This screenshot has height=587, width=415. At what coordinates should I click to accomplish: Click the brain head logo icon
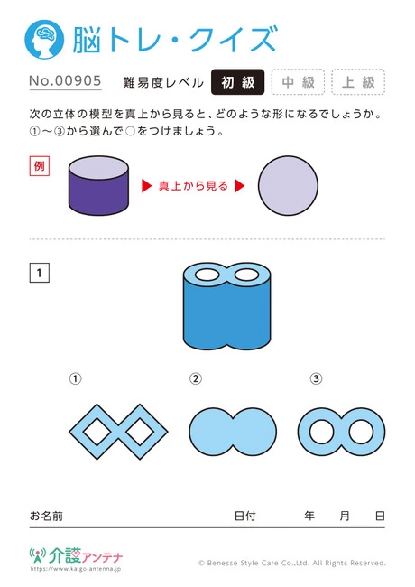44,40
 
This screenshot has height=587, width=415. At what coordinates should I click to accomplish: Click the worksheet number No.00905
66,80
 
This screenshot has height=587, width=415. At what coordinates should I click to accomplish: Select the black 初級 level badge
238,82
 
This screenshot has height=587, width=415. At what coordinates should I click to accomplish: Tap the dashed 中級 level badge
298,82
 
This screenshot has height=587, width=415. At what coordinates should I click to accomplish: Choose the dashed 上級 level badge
358,82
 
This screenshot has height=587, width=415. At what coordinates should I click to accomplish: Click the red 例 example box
40,166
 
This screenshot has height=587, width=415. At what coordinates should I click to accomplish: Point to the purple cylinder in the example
98,185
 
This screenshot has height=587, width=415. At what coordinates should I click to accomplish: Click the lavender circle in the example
288,186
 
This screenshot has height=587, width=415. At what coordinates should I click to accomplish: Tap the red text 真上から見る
193,186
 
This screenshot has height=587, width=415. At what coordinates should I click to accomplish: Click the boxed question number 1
40,273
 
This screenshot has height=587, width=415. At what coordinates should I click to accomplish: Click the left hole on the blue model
207,275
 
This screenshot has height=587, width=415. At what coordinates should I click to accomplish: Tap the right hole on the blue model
246,275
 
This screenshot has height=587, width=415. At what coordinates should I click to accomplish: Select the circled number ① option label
75,379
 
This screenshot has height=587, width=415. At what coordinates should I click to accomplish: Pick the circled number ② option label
196,379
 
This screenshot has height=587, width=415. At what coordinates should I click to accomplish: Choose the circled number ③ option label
316,379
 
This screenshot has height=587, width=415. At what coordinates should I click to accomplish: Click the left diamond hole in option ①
97,432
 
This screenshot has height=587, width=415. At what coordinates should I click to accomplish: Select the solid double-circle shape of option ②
233,432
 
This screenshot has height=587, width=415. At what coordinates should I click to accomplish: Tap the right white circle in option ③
361,432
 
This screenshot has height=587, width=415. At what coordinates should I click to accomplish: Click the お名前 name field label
46,517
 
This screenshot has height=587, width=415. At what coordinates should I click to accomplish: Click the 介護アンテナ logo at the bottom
76,556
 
